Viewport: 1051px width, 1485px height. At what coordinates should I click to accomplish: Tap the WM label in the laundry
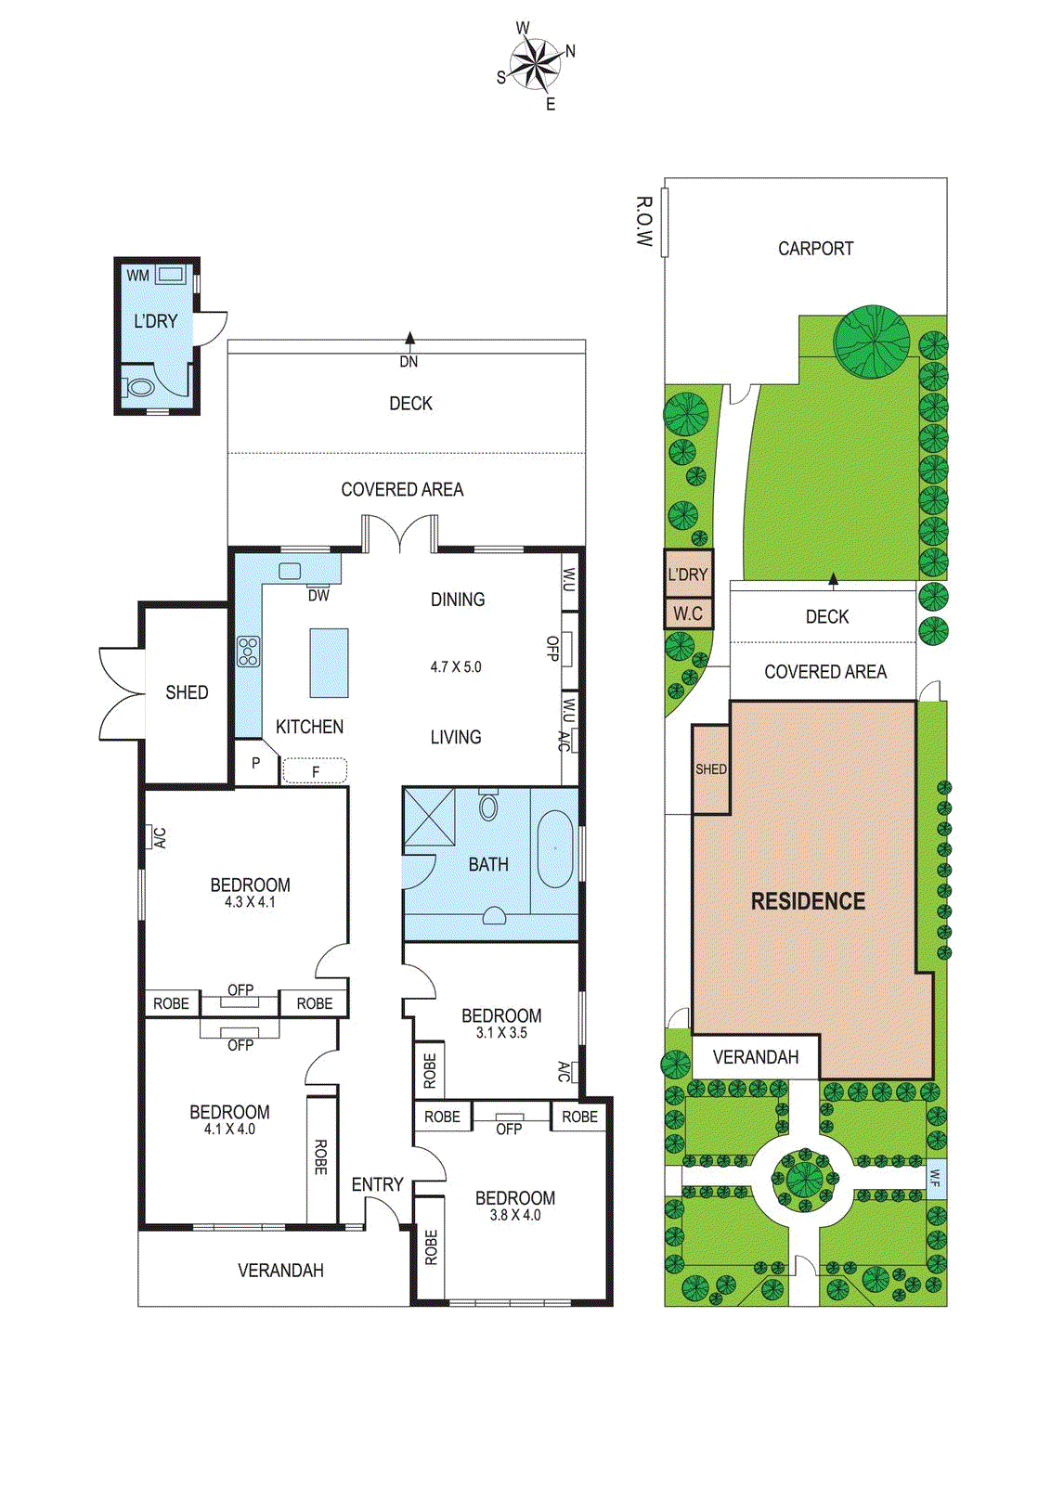pyautogui.click(x=137, y=276)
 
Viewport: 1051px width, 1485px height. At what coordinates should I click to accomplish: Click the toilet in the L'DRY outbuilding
pyautogui.click(x=139, y=387)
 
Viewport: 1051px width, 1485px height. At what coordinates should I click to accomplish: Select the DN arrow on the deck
pyautogui.click(x=409, y=340)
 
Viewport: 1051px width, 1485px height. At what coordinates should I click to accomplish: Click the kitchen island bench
pyautogui.click(x=329, y=663)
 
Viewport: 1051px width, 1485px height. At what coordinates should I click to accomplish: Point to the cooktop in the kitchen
pyautogui.click(x=248, y=652)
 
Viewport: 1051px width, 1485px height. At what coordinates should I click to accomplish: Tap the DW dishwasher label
pyautogui.click(x=318, y=596)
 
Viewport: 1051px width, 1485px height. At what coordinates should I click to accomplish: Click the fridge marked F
pyautogui.click(x=315, y=770)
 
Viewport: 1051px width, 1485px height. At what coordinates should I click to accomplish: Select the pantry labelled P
pyautogui.click(x=255, y=764)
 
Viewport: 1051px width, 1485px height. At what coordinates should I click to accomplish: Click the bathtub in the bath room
pyautogui.click(x=554, y=849)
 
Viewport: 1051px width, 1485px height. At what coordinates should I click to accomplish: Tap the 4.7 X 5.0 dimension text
pyautogui.click(x=456, y=666)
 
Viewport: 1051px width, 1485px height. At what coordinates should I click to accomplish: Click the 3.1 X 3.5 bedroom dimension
pyautogui.click(x=501, y=1032)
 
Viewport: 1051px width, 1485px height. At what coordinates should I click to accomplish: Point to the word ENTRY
pyautogui.click(x=377, y=1184)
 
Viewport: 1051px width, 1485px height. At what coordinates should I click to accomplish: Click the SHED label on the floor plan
pyautogui.click(x=187, y=692)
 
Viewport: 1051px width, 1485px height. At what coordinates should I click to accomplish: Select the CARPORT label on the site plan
pyautogui.click(x=815, y=249)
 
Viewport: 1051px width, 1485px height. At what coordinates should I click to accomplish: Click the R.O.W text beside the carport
pyautogui.click(x=643, y=221)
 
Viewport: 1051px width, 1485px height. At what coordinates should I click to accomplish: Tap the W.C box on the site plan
pyautogui.click(x=688, y=613)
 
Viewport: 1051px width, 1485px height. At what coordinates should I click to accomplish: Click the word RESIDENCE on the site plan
pyautogui.click(x=808, y=901)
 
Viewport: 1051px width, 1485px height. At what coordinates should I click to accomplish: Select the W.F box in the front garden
pyautogui.click(x=936, y=1179)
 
